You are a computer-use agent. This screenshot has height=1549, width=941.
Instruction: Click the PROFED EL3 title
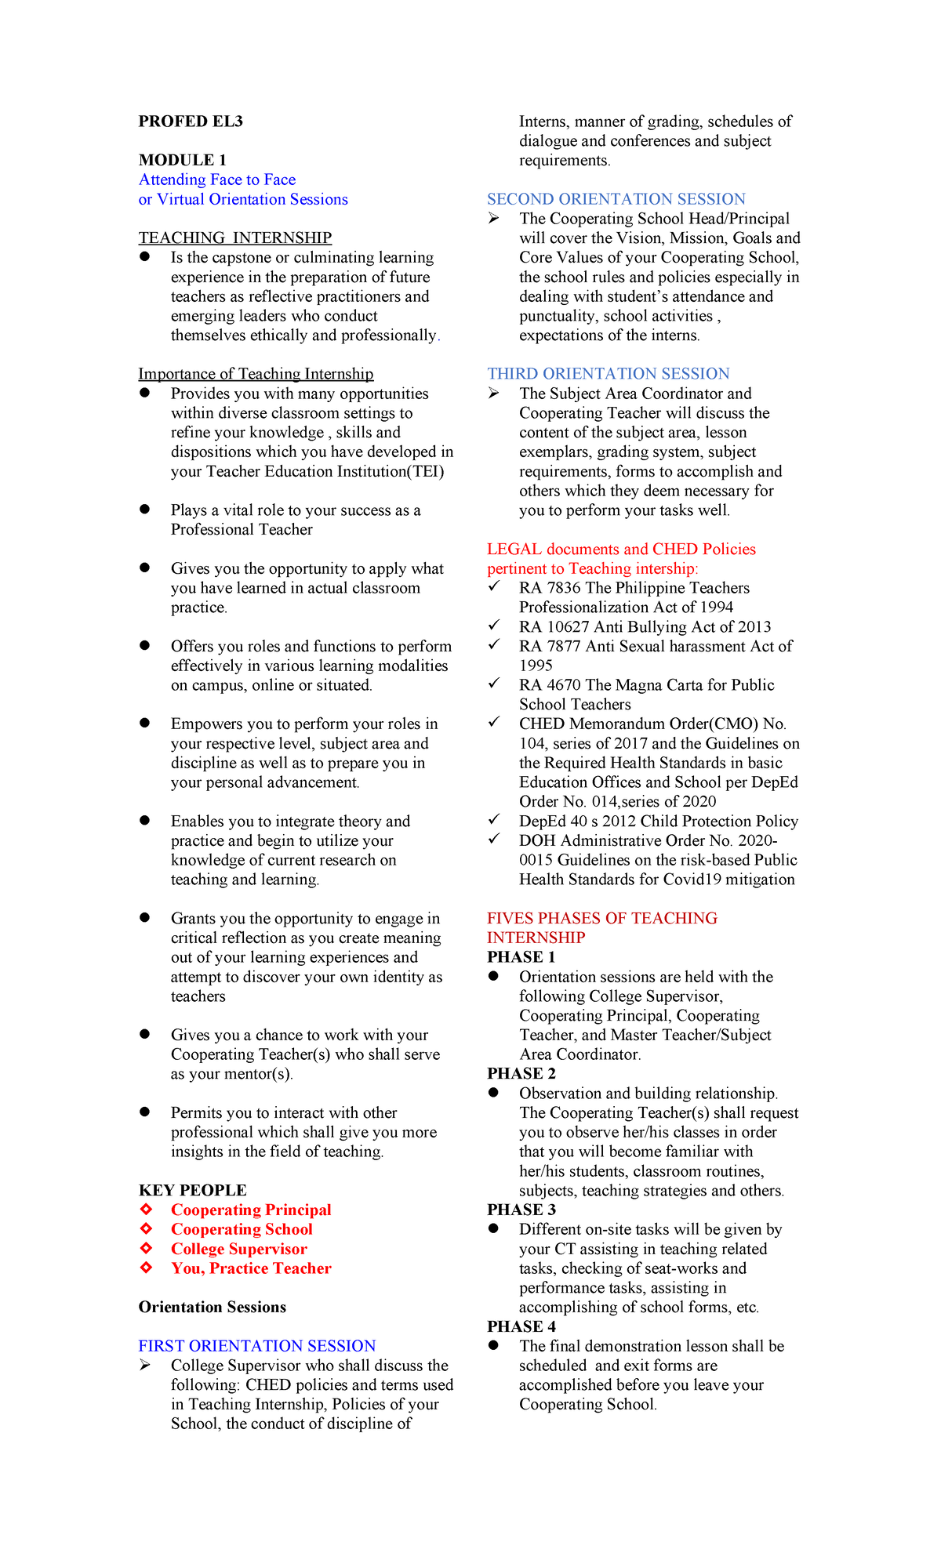pyautogui.click(x=191, y=122)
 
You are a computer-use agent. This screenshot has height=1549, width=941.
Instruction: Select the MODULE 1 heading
pyautogui.click(x=183, y=160)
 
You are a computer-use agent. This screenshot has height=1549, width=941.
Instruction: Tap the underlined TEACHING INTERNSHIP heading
pyautogui.click(x=234, y=238)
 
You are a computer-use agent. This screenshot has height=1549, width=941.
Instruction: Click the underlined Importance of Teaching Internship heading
pyautogui.click(x=256, y=374)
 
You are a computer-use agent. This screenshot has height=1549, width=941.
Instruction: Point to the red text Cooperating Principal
pyautogui.click(x=251, y=1210)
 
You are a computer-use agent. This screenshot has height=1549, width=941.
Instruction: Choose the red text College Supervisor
pyautogui.click(x=238, y=1249)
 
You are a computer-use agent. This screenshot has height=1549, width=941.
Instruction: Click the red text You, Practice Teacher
pyautogui.click(x=251, y=1268)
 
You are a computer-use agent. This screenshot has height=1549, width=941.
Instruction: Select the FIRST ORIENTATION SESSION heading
pyautogui.click(x=256, y=1346)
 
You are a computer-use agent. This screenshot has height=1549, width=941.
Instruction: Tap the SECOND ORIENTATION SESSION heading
pyautogui.click(x=616, y=199)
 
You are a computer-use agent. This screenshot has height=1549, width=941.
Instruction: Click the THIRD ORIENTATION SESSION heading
pyautogui.click(x=608, y=374)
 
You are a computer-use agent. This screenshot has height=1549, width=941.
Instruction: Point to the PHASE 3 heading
pyautogui.click(x=521, y=1210)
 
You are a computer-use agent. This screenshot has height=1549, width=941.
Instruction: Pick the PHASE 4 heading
pyautogui.click(x=521, y=1326)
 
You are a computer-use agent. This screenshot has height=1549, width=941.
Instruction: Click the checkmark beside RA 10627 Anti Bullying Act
pyautogui.click(x=494, y=626)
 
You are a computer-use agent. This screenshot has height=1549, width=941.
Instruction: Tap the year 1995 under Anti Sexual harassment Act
pyautogui.click(x=536, y=666)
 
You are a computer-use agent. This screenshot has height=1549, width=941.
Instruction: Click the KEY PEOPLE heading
pyautogui.click(x=192, y=1190)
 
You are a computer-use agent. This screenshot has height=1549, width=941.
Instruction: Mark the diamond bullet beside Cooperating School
pyautogui.click(x=146, y=1228)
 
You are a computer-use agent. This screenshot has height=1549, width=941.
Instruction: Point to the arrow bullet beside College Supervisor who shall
pyautogui.click(x=146, y=1366)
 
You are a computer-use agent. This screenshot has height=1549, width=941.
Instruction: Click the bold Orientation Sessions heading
pyautogui.click(x=212, y=1307)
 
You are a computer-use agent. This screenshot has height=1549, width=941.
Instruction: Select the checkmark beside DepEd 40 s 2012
pyautogui.click(x=494, y=820)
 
